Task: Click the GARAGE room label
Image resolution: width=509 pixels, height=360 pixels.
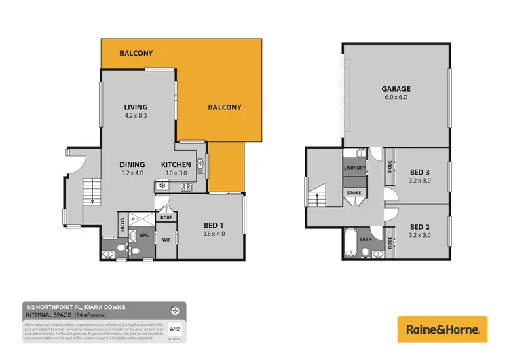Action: point(396,88)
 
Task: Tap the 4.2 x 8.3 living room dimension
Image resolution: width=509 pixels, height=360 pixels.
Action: point(135,116)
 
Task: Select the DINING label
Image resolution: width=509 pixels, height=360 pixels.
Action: point(132,164)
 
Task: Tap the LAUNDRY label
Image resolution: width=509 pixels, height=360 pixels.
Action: point(356,168)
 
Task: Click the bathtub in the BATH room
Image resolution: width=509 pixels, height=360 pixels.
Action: point(350,243)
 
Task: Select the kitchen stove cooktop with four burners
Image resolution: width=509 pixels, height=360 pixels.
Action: point(185,187)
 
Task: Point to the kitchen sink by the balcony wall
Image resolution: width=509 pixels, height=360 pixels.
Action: point(200,163)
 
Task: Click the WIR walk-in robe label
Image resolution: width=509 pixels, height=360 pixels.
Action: point(166,240)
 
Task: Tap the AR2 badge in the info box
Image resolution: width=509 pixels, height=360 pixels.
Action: point(175,329)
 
